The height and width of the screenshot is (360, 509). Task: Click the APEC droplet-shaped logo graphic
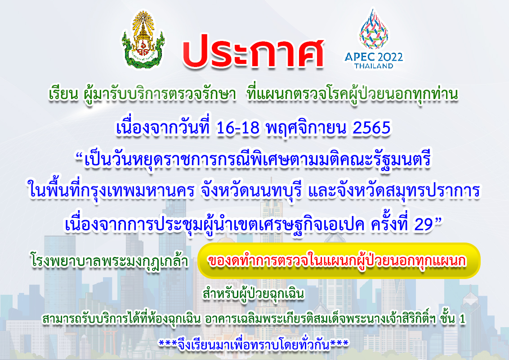(374, 29)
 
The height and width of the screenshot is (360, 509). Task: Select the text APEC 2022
(374, 57)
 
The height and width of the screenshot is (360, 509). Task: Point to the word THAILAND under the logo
(374, 66)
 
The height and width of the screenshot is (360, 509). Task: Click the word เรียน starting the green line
(64, 94)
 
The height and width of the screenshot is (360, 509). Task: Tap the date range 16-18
(237, 128)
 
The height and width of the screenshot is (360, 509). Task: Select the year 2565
(371, 128)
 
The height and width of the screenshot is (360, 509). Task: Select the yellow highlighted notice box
(339, 261)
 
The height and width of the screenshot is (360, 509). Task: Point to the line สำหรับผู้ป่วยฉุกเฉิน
(254, 294)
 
